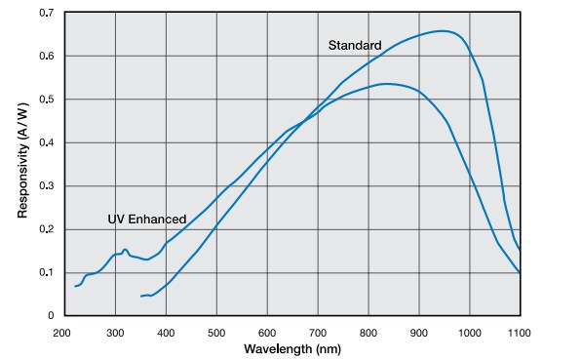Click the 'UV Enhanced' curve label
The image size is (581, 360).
(146, 220)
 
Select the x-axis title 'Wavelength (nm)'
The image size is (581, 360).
(292, 348)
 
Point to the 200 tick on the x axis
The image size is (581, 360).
(64, 333)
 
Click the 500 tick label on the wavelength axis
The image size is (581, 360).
(216, 333)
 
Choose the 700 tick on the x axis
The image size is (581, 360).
(318, 333)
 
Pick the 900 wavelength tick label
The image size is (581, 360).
(419, 333)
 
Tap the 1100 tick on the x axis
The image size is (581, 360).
(520, 333)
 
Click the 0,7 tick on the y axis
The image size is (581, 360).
(46, 14)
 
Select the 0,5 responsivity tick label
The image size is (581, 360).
(46, 100)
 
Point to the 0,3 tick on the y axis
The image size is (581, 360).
(46, 185)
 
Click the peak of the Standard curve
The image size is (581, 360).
(442, 30)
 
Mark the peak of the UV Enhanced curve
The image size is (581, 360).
(386, 84)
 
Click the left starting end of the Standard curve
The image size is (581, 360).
(141, 296)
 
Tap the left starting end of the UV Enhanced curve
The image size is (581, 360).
(75, 286)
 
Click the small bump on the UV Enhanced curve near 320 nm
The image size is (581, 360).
(125, 250)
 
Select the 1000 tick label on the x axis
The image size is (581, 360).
(469, 333)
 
